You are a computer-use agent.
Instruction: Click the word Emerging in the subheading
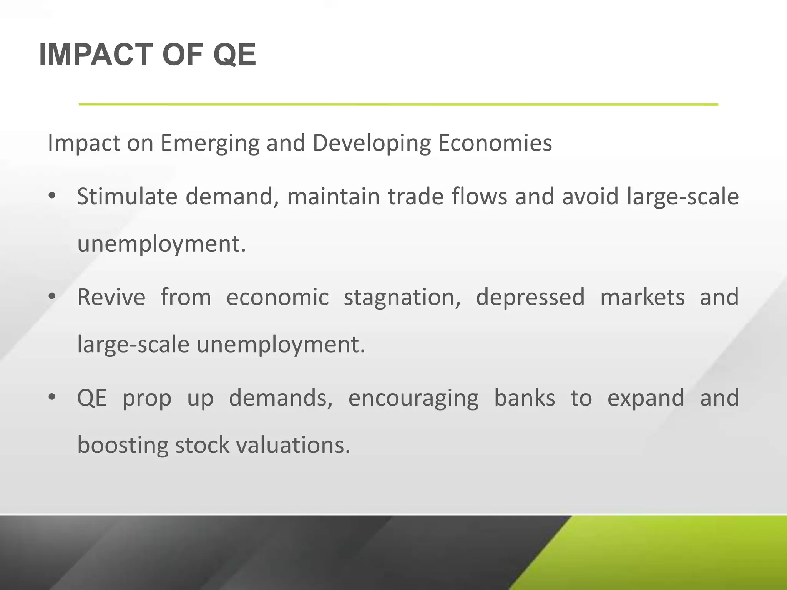[209, 144]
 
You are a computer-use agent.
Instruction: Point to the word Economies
[495, 143]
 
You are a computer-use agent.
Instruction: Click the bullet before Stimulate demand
[52, 196]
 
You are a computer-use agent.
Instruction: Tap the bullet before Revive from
[52, 297]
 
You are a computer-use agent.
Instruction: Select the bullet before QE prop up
[52, 397]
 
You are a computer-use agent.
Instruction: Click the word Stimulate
[127, 197]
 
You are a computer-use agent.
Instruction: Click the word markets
[642, 297]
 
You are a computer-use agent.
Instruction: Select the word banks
[524, 398]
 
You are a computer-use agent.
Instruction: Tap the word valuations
[293, 446]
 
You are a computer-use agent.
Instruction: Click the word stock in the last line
[202, 446]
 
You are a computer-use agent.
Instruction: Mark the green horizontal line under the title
[398, 104]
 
